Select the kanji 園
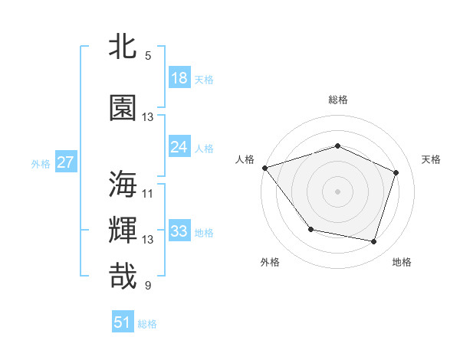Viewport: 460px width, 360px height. tap(123, 108)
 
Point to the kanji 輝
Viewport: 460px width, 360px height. tap(123, 230)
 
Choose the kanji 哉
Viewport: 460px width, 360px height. tap(123, 276)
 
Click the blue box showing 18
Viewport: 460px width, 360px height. tap(179, 78)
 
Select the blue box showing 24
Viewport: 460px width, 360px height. tap(179, 147)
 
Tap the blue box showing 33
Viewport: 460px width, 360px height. tap(179, 231)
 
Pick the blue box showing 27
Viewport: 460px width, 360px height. tap(65, 162)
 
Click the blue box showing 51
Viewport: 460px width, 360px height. tap(123, 322)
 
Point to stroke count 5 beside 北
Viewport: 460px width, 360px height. tap(148, 56)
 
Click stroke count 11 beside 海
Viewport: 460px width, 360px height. tap(148, 193)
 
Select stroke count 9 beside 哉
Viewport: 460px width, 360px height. tap(148, 286)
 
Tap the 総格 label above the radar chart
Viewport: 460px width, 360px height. tap(338, 100)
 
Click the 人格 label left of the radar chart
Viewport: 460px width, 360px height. tap(245, 159)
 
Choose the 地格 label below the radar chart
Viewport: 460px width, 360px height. tap(402, 262)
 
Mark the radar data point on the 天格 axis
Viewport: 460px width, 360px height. tap(396, 172)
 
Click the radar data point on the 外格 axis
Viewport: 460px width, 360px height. tap(310, 229)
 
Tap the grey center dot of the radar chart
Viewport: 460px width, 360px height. tap(338, 191)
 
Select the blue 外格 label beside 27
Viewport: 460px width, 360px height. tap(41, 163)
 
